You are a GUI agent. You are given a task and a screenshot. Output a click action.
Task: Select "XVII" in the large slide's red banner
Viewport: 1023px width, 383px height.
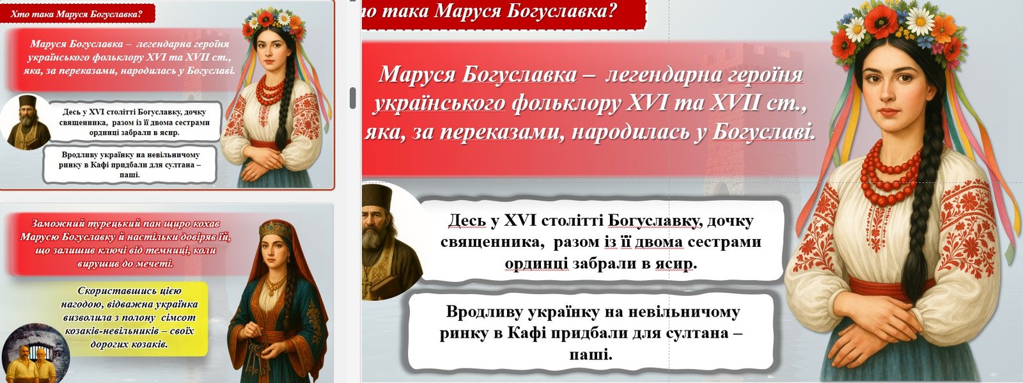point(733,103)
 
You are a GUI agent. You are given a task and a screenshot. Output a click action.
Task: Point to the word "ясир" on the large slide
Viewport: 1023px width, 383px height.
point(675,263)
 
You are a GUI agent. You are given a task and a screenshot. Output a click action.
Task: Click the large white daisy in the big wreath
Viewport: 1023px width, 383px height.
point(920,20)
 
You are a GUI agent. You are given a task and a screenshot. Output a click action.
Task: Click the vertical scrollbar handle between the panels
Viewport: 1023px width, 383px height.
point(352,98)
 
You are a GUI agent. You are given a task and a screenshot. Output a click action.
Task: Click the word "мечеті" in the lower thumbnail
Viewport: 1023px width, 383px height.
point(156,263)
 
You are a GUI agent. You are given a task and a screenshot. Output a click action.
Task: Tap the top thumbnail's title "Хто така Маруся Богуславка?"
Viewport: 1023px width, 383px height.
point(76,13)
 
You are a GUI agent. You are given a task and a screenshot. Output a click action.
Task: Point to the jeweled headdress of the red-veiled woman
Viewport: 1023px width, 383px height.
point(276,229)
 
